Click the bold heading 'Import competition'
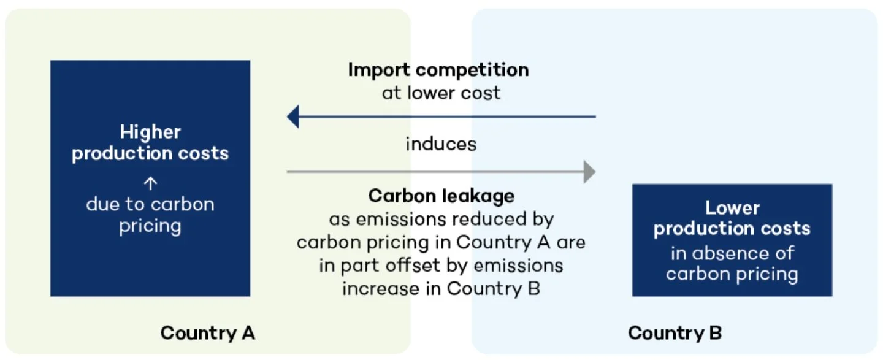click(438, 70)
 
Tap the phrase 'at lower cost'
click(441, 93)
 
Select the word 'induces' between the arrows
click(441, 144)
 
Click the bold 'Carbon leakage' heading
click(441, 196)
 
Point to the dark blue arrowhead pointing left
click(294, 116)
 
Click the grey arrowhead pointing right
click(589, 172)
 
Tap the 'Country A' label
click(207, 333)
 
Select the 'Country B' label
click(675, 333)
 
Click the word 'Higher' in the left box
click(150, 132)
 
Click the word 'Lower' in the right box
click(732, 208)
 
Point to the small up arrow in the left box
click(150, 183)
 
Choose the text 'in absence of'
click(732, 253)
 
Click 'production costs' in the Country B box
click(732, 229)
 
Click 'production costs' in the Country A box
click(150, 153)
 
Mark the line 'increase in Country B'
click(441, 288)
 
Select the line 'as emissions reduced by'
click(441, 219)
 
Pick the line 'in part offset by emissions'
click(441, 266)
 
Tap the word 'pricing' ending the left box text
click(150, 226)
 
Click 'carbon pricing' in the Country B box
click(732, 274)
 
